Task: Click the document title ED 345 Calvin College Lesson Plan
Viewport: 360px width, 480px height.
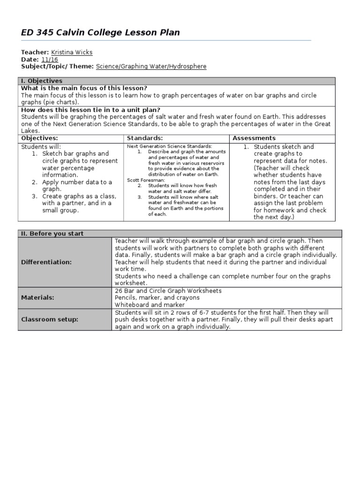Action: (x=100, y=32)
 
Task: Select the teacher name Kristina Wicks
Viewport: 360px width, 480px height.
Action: (x=71, y=52)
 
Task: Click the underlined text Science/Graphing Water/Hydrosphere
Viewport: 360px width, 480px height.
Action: (x=151, y=67)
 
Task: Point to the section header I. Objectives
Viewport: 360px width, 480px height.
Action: (x=42, y=81)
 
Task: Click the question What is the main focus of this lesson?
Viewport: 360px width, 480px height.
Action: (x=84, y=88)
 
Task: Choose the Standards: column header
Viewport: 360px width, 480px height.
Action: (x=145, y=138)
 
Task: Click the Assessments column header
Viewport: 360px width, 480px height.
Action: (x=254, y=138)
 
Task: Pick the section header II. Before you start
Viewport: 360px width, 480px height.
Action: (x=52, y=233)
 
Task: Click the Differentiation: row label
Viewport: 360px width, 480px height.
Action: (x=46, y=262)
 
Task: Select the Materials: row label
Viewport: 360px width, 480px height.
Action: (x=37, y=297)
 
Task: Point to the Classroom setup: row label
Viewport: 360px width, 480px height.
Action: (x=50, y=319)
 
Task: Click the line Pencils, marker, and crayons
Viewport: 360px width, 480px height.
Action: (x=157, y=298)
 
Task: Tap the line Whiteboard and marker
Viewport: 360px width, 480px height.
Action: (x=149, y=305)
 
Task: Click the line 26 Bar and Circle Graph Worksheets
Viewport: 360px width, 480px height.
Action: (x=168, y=291)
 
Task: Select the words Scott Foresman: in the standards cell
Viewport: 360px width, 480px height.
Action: (x=146, y=180)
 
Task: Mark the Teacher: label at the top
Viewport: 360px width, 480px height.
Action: (x=35, y=52)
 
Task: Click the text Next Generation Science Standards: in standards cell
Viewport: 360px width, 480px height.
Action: (x=170, y=146)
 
